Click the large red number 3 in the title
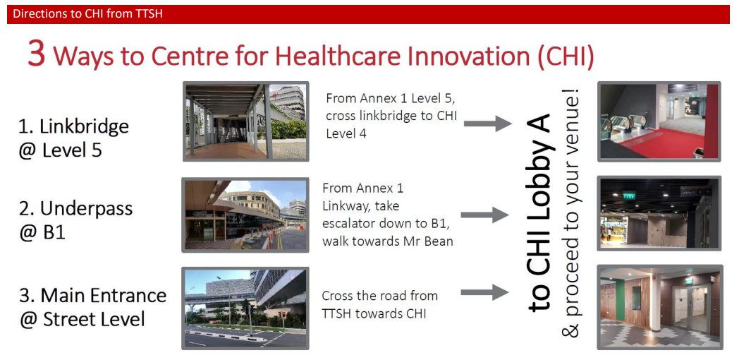[37, 54]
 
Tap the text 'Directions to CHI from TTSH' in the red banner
[87, 14]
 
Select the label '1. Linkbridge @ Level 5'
[74, 138]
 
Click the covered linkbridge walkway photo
[245, 121]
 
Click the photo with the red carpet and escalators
[659, 121]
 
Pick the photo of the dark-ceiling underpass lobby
[659, 213]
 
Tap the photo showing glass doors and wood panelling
[659, 307]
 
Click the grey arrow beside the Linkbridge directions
[487, 124]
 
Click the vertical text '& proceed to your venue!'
[572, 213]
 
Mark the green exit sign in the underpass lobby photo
[628, 196]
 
